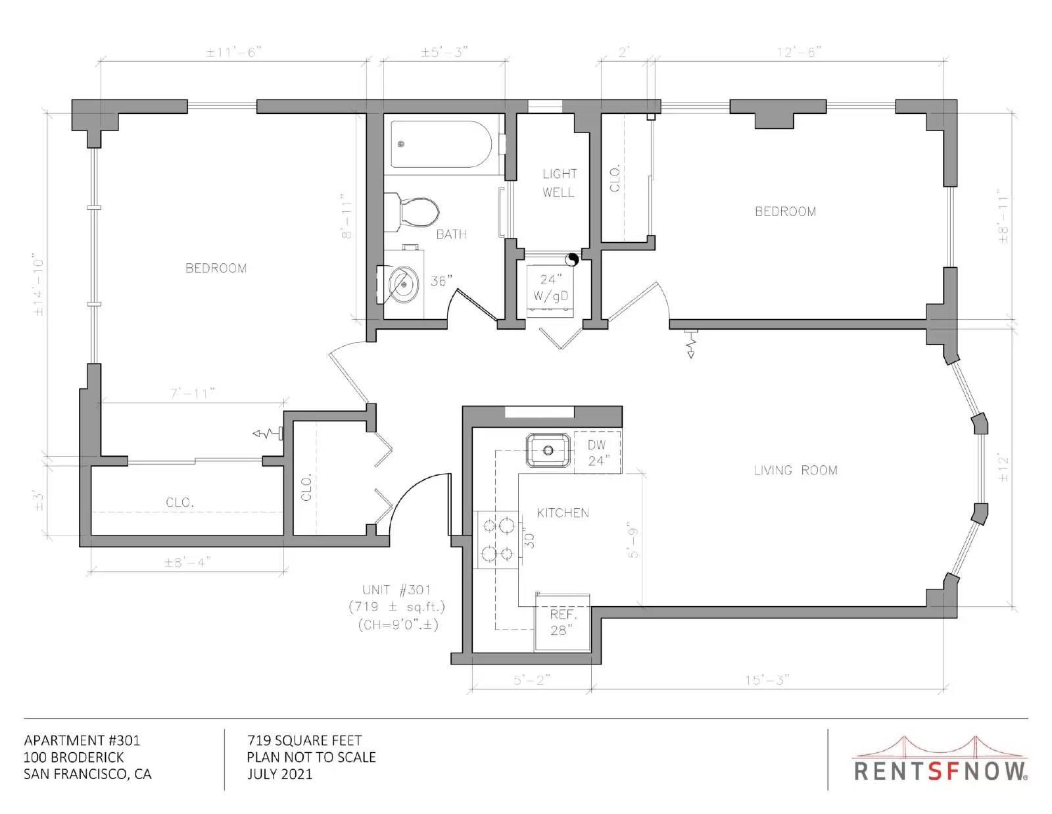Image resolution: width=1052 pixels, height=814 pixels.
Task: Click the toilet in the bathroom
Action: click(412, 213)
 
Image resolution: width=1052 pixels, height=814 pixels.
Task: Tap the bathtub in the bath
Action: click(442, 144)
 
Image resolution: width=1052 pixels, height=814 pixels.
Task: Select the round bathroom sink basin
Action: click(404, 285)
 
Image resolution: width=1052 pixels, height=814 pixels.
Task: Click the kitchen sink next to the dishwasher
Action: click(548, 450)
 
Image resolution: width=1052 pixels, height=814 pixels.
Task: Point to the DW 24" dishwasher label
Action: click(598, 453)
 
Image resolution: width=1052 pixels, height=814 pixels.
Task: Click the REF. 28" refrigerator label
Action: click(563, 622)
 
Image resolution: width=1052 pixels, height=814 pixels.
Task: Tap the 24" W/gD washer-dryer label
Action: click(551, 288)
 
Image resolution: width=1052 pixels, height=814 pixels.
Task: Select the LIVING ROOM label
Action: click(796, 470)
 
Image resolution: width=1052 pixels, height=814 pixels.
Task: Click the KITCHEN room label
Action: click(563, 513)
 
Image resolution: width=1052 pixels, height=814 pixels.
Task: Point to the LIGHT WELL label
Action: click(559, 183)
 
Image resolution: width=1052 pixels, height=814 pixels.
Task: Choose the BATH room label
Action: click(451, 234)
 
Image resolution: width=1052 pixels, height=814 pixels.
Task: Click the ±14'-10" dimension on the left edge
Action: click(38, 284)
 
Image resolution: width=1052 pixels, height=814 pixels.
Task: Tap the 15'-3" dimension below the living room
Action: click(767, 680)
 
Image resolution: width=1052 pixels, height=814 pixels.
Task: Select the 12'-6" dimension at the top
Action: click(800, 52)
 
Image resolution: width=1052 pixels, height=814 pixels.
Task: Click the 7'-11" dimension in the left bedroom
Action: click(192, 393)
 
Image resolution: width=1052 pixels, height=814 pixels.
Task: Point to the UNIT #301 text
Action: click(396, 590)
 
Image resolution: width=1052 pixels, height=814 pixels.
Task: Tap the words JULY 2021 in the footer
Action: click(280, 774)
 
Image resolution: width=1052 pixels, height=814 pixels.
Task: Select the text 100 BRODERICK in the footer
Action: click(74, 757)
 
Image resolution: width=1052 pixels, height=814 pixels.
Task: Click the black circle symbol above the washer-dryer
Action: click(572, 259)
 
